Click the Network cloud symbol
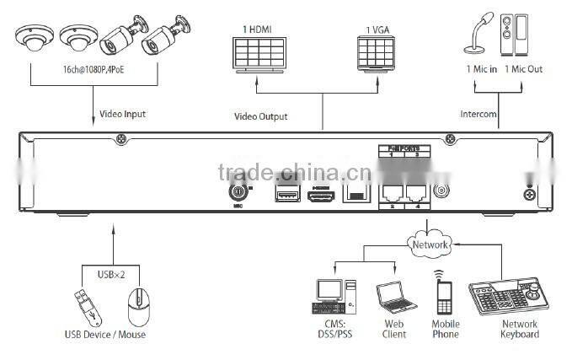429,244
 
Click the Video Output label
260,116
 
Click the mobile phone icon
445,295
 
